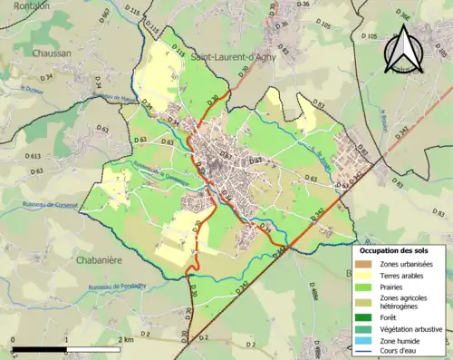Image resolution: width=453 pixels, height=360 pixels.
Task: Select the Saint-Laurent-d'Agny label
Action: (x=236, y=57)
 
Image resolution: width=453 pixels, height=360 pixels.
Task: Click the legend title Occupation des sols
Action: (x=394, y=249)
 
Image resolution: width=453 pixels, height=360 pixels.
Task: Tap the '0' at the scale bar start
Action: (x=13, y=340)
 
